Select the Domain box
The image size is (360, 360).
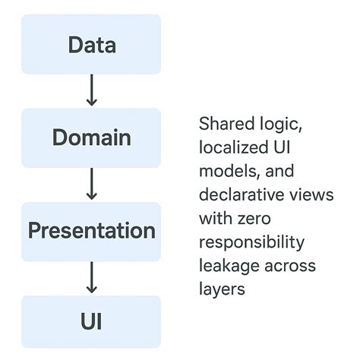91,137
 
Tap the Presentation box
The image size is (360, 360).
91,231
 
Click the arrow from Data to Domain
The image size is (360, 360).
91,91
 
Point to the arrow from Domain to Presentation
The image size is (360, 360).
91,185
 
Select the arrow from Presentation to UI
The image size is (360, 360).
91,278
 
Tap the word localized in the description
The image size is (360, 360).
228,147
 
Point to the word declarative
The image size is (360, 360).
235,195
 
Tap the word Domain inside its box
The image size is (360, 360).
91,137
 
